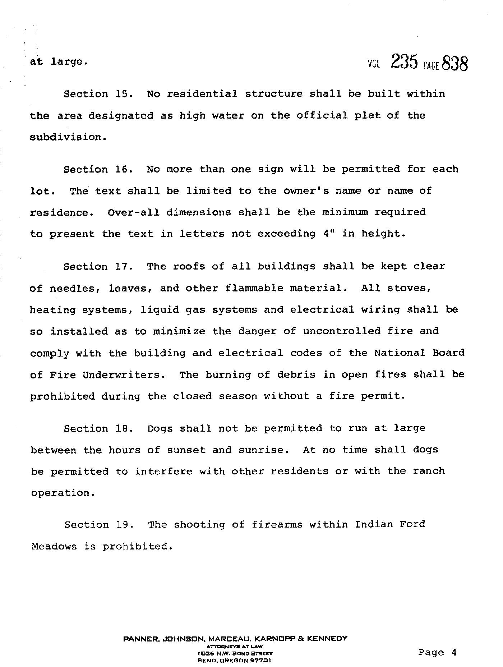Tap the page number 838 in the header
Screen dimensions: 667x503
(455, 64)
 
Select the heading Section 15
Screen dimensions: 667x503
(98, 94)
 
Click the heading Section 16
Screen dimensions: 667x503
(98, 170)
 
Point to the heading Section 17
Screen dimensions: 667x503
(98, 267)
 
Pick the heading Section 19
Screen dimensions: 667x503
(99, 525)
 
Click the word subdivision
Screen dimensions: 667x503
(68, 137)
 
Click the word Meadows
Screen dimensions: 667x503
(54, 547)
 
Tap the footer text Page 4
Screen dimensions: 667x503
(437, 652)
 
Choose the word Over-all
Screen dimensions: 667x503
(133, 212)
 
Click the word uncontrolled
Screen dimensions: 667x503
(342, 331)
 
